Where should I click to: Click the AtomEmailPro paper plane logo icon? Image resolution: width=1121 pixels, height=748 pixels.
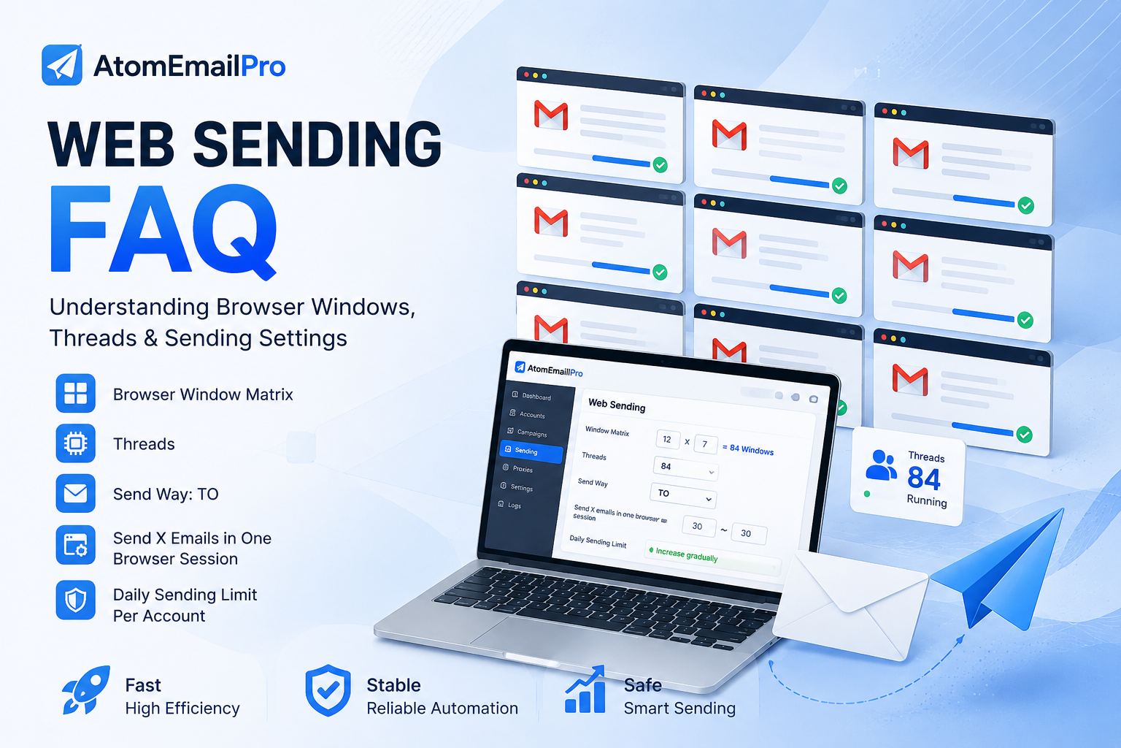62,65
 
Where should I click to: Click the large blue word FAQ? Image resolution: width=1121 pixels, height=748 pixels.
163,230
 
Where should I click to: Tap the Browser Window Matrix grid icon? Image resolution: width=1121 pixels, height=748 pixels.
76,393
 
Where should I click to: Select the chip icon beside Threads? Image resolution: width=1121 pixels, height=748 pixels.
76,443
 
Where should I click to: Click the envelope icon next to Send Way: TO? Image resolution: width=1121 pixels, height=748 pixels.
76,494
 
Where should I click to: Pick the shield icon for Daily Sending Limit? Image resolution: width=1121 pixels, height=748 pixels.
76,600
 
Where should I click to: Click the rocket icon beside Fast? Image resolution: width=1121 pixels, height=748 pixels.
86,690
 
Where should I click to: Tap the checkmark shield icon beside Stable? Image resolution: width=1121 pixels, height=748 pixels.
328,690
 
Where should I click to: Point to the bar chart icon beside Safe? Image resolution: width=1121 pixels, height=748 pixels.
585,690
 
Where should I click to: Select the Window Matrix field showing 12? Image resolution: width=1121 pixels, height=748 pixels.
668,440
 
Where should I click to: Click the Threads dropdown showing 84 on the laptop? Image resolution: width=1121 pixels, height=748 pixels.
685,468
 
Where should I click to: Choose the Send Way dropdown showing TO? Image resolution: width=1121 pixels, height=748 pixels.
683,495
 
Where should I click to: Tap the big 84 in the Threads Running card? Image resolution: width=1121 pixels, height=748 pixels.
924,478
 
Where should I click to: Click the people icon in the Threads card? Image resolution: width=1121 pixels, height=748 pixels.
881,466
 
